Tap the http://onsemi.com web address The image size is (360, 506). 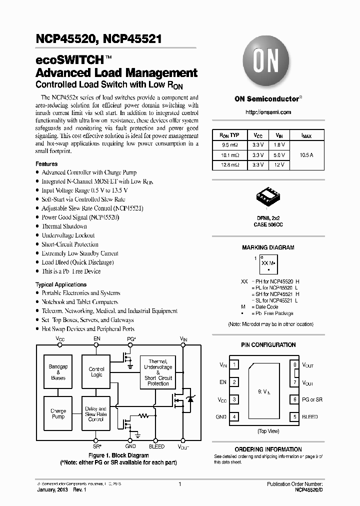(268, 112)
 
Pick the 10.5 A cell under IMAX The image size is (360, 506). (306, 154)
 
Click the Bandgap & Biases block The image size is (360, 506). (58, 372)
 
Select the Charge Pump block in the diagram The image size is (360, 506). (58, 413)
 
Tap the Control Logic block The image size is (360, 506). (96, 372)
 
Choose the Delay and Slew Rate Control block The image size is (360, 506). (96, 413)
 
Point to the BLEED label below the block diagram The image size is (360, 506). (156, 446)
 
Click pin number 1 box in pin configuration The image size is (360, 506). (234, 365)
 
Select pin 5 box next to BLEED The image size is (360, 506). (295, 416)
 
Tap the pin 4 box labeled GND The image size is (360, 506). (234, 416)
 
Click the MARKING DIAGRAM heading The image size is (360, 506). (268, 247)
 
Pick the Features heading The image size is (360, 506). (46, 164)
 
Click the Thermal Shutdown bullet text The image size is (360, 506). (64, 226)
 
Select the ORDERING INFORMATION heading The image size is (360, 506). (268, 449)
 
